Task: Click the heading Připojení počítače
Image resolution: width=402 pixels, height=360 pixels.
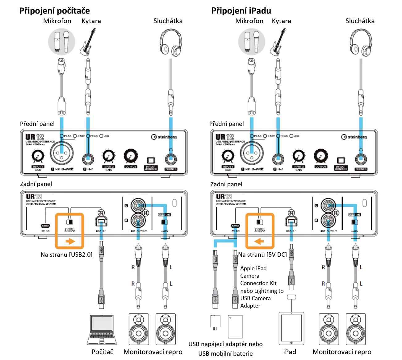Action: coord(55,11)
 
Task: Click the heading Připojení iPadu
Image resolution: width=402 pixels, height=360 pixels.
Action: coord(241,11)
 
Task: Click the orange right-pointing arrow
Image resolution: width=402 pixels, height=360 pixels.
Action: coord(70,241)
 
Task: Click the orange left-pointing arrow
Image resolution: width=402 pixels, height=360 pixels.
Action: coord(259,241)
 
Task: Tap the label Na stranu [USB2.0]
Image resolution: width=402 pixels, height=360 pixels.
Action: coord(66,255)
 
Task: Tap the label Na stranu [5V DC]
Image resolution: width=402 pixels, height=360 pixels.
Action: coord(262,255)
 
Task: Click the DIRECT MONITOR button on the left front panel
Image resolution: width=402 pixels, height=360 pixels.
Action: coord(151,160)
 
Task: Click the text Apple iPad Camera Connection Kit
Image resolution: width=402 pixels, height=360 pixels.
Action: coord(258,275)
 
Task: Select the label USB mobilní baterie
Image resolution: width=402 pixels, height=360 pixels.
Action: coord(225,354)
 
